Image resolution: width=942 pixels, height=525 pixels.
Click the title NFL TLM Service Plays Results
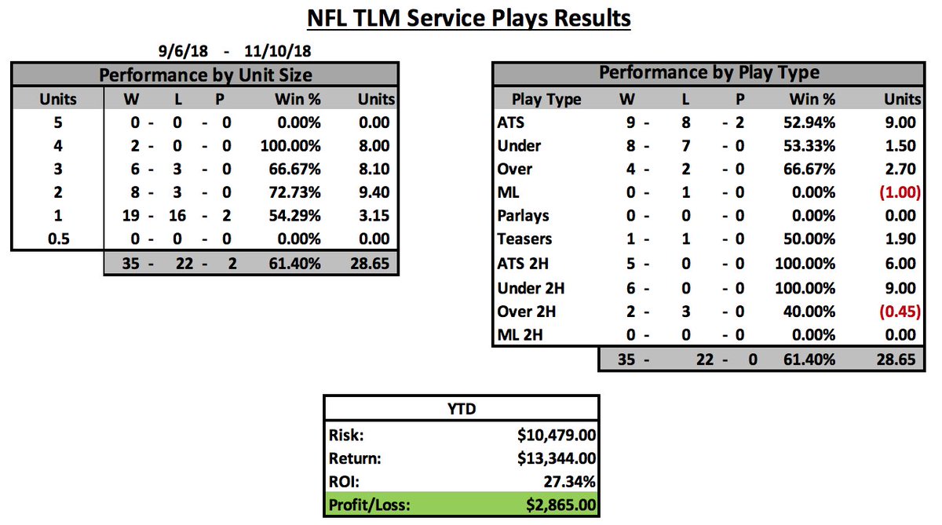pos(469,17)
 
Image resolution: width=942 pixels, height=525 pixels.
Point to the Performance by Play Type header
pos(708,73)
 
